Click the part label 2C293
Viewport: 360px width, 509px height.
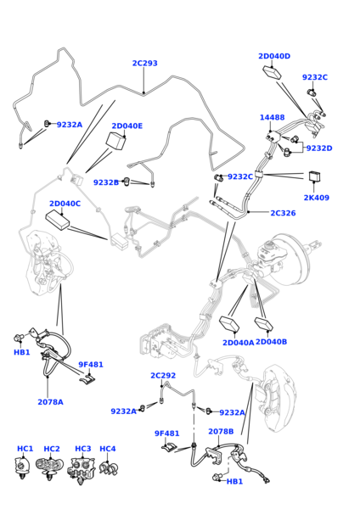tap(144, 63)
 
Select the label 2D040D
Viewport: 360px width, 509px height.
tap(274, 56)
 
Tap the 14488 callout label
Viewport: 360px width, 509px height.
tap(272, 117)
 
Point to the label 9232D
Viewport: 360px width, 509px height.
tap(319, 148)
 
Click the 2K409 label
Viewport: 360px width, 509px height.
tap(316, 198)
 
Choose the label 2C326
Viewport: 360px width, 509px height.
tap(283, 213)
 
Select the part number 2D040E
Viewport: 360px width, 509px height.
tap(127, 126)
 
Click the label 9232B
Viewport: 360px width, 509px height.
tap(106, 182)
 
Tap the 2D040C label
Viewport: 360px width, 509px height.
tap(65, 204)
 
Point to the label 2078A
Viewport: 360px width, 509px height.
tap(50, 402)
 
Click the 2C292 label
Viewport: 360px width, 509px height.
tap(163, 375)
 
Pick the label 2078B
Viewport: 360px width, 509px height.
tap(221, 432)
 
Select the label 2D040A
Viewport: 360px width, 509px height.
tap(238, 342)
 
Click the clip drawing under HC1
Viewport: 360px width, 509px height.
tap(22, 467)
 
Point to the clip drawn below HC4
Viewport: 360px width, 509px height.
tap(109, 467)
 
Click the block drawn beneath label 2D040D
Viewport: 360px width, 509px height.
tap(272, 72)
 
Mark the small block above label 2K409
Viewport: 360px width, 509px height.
tap(314, 177)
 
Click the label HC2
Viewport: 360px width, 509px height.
tap(52, 449)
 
